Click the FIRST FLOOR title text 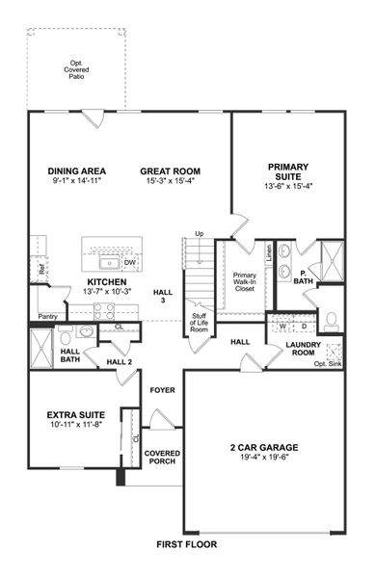click(x=187, y=544)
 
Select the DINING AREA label click(x=77, y=171)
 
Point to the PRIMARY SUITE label click(x=288, y=171)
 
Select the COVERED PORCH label click(x=162, y=458)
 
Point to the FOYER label click(x=162, y=389)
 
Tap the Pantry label click(x=47, y=316)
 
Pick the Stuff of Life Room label click(x=199, y=323)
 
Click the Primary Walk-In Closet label click(x=245, y=281)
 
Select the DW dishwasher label click(x=130, y=261)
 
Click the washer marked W click(x=282, y=326)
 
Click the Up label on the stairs click(x=199, y=234)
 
